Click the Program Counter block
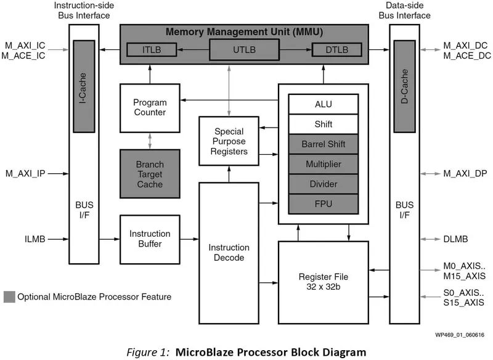[150, 108]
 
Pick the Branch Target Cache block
[150, 173]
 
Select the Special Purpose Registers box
[229, 141]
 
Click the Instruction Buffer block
[150, 239]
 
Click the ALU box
[323, 104]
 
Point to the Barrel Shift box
[323, 144]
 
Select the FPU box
[323, 203]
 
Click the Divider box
[323, 184]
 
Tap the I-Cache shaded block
[83, 86]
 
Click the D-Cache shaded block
[404, 86]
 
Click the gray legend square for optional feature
[9, 297]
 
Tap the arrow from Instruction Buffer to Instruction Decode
[189, 239]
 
